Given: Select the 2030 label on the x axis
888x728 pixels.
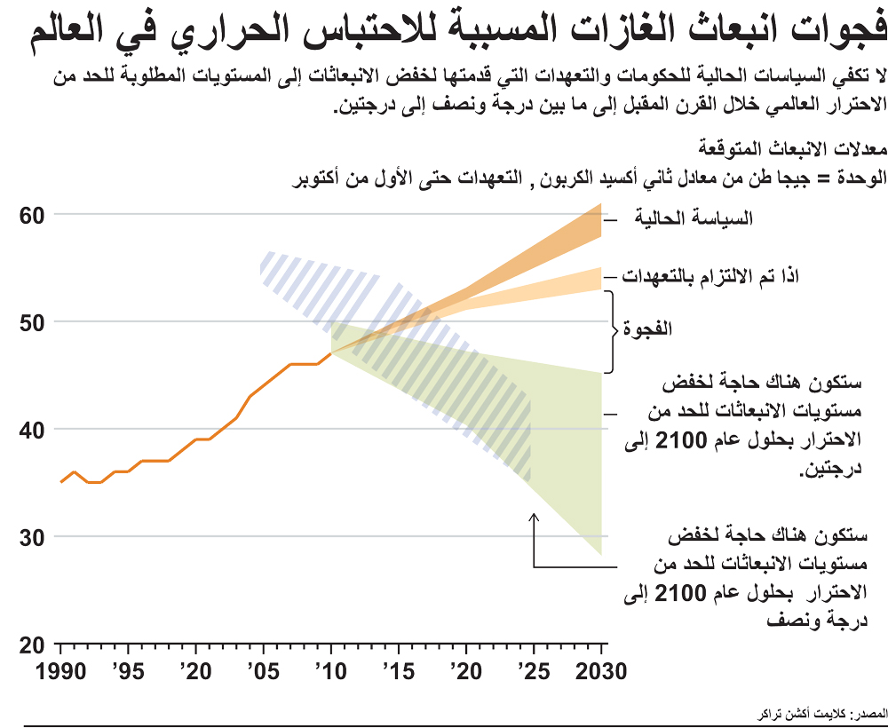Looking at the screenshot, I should coord(603,670).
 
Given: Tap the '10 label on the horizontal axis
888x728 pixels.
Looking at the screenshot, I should coord(329,670).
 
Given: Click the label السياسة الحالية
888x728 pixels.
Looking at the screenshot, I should coord(694,218).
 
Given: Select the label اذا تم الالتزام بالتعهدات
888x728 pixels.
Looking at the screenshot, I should coord(710,276).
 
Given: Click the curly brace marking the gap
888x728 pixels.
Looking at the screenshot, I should coord(610,331).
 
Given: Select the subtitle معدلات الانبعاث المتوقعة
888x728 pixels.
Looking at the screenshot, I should coord(791,146).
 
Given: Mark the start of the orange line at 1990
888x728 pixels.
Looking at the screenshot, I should coord(60,482).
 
